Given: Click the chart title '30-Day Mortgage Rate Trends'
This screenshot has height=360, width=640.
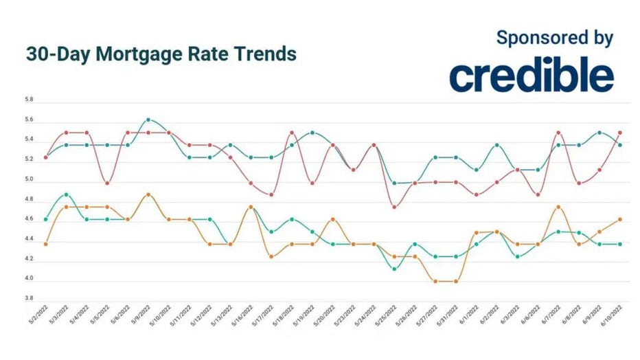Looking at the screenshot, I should pos(161,55).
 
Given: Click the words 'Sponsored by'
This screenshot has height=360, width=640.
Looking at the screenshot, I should pos(554,38).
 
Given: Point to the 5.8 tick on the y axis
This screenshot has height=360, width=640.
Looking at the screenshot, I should pos(29,100).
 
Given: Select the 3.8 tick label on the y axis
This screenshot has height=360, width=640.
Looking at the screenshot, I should pos(29,300).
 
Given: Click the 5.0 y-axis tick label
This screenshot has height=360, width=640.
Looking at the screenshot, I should pos(29,180).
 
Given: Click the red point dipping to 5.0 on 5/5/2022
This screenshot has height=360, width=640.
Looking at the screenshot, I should pos(107,183).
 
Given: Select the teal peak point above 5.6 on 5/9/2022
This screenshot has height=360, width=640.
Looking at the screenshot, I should pos(148,120).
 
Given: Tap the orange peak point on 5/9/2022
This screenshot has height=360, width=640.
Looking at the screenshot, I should pos(148,194).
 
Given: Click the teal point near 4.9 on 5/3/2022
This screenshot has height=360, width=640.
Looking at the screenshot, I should pos(66,195).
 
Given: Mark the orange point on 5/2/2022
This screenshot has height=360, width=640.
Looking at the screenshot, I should pos(45,244).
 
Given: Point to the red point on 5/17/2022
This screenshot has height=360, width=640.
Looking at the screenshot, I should pos(271,194).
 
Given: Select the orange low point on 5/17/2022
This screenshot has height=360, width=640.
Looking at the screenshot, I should pos(271,256).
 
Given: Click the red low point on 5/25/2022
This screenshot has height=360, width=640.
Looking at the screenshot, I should pos(394,207).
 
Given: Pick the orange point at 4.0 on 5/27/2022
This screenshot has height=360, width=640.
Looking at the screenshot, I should pos(435,281).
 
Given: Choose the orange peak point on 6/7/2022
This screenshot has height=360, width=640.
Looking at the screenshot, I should pos(558,207).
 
